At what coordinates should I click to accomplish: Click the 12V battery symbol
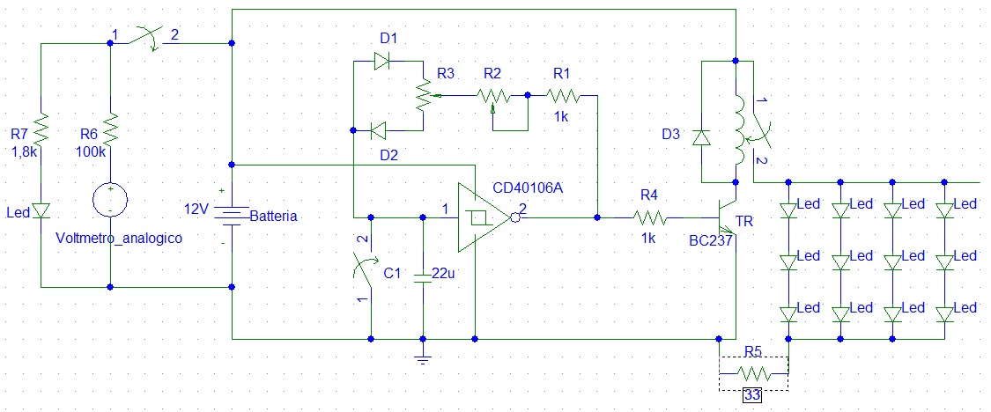pos(231,217)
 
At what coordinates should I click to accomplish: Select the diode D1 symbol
pos(382,61)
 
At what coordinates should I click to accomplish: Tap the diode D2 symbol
pos(379,131)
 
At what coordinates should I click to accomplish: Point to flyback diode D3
pos(701,137)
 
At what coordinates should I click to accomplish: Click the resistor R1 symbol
pos(562,94)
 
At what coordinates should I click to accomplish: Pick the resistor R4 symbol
pos(649,217)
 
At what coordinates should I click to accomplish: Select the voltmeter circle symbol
pos(110,200)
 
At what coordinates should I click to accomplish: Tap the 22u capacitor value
pos(447,274)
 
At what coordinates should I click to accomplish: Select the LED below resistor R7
pos(41,211)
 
